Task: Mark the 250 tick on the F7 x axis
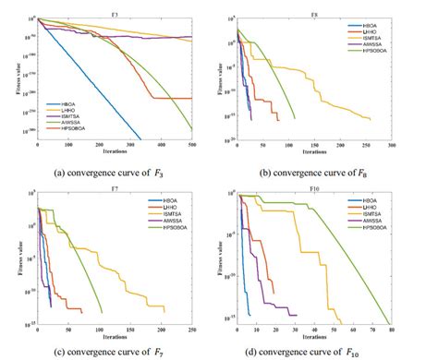(x=191, y=329)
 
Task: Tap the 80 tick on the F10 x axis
(x=390, y=329)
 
